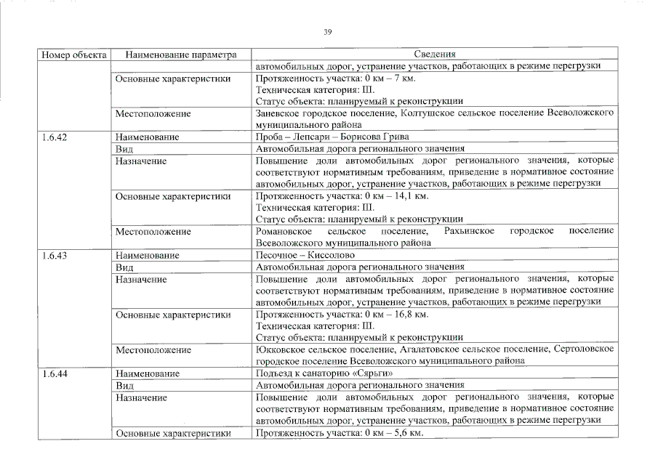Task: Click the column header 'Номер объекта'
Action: pyautogui.click(x=73, y=54)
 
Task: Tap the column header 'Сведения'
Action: pyautogui.click(x=434, y=54)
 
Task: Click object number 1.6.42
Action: pyautogui.click(x=55, y=137)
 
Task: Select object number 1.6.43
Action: pyautogui.click(x=55, y=256)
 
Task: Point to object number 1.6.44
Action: pyautogui.click(x=55, y=374)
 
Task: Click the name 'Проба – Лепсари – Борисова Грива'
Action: pyautogui.click(x=332, y=137)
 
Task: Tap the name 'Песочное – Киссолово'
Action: pyautogui.click(x=305, y=256)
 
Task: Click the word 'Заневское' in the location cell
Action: pyautogui.click(x=277, y=113)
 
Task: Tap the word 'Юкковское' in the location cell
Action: pyautogui.click(x=278, y=350)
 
